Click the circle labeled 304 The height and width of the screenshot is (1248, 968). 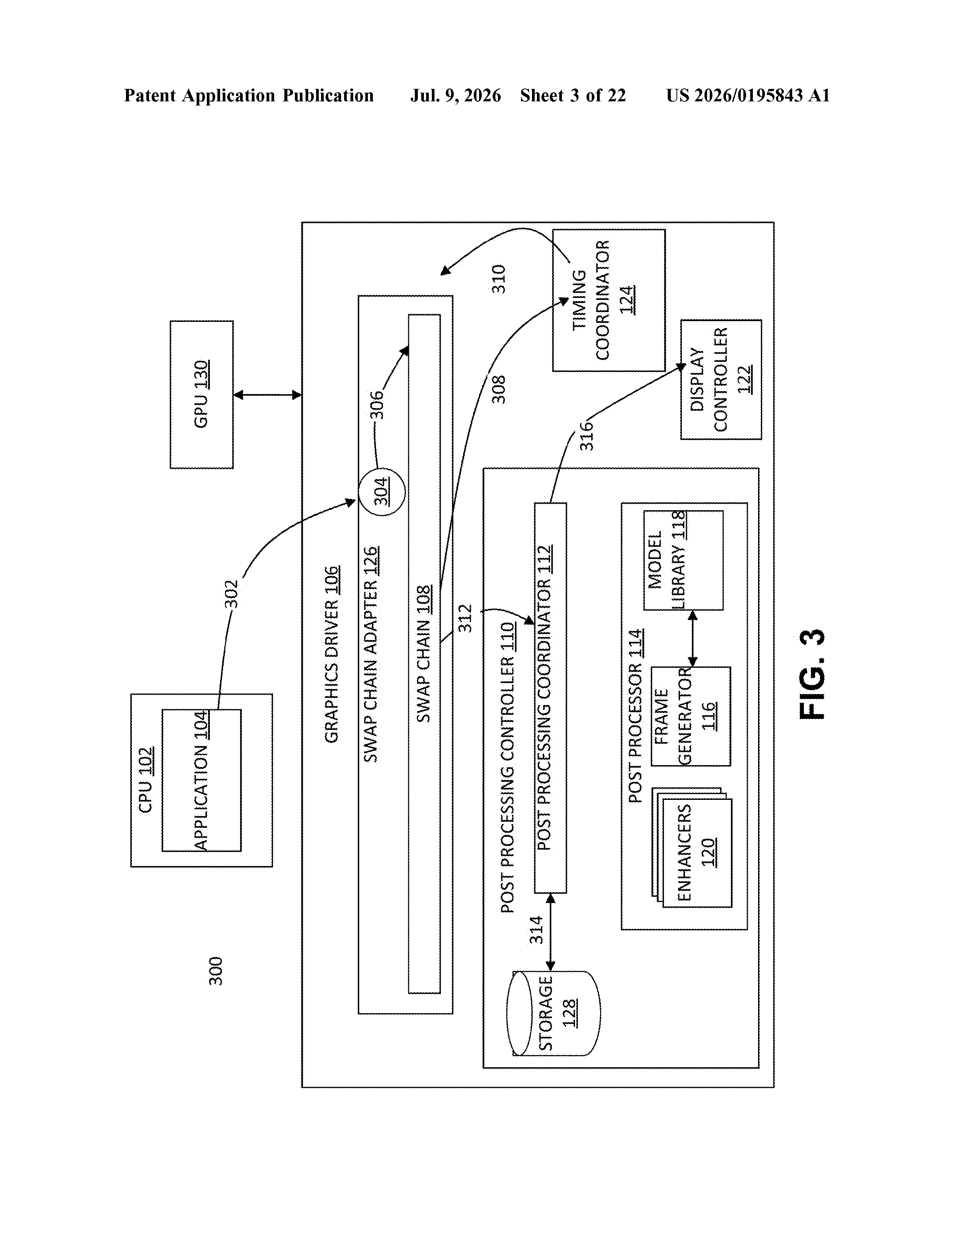tap(382, 491)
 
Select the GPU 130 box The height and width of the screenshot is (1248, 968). tap(202, 394)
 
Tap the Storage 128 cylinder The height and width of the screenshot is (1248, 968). tap(553, 1013)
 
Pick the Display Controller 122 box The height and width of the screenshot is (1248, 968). tap(721, 379)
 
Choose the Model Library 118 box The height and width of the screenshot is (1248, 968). tap(683, 560)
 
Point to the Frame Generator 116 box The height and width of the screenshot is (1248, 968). tap(691, 716)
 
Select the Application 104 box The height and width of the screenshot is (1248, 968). tap(201, 781)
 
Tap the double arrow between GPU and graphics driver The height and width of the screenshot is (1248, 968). tap(267, 394)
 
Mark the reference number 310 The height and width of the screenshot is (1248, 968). tap(499, 279)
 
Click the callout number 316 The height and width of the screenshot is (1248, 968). tap(587, 436)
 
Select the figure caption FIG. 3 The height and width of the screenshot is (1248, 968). tap(811, 674)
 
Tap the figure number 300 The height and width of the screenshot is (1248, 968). tap(216, 971)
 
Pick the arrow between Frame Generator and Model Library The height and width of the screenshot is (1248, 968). tap(693, 638)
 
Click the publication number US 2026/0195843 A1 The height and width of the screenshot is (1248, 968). tap(748, 95)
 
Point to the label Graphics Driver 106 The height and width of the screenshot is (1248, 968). tap(332, 654)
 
